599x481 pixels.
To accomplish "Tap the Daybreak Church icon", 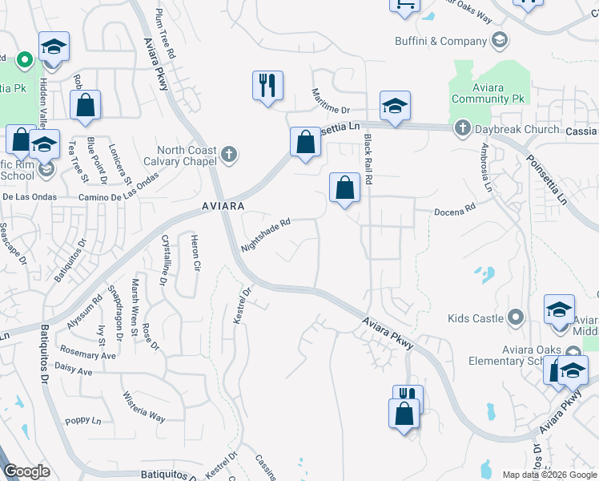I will click(x=462, y=128).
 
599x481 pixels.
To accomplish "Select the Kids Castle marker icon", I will click(x=516, y=318).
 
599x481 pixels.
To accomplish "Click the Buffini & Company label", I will click(x=441, y=41).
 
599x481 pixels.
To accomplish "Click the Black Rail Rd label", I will click(x=369, y=160).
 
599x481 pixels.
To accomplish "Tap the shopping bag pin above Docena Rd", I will click(x=344, y=188).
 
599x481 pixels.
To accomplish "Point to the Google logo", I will click(x=27, y=471).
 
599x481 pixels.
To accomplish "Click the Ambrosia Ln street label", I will click(x=485, y=166).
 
